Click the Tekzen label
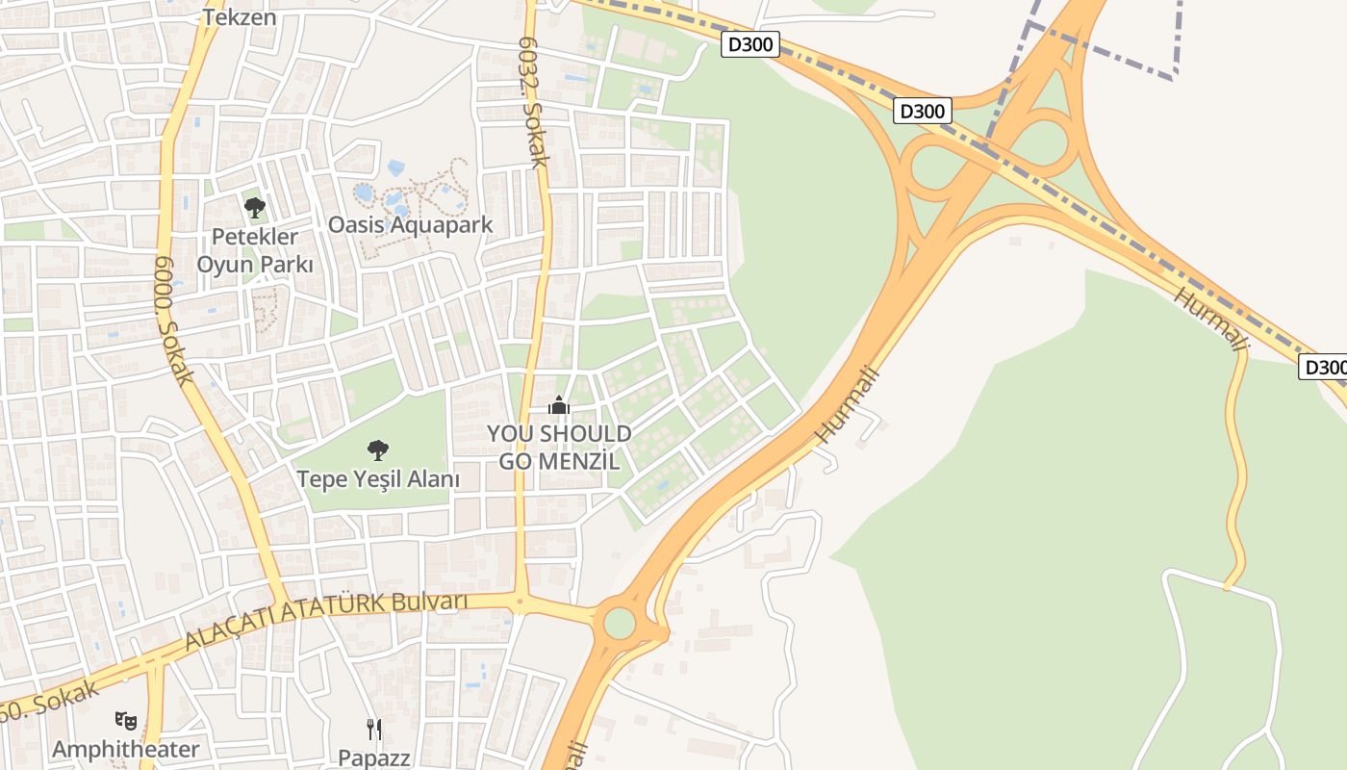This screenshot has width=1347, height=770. [240, 16]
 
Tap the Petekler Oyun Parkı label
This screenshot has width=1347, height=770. [255, 249]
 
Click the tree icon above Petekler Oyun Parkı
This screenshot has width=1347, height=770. [255, 207]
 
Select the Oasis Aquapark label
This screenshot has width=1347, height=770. [411, 225]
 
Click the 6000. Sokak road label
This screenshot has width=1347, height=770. [174, 320]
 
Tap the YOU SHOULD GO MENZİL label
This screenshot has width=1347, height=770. [559, 447]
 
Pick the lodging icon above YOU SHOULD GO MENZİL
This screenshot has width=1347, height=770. [559, 407]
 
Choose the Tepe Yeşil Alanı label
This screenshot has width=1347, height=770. [378, 478]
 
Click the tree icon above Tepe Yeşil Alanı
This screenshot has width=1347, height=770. [378, 449]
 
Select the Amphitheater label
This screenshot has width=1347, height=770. [126, 749]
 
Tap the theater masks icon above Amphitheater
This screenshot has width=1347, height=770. [126, 720]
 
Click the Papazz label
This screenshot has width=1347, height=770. [374, 757]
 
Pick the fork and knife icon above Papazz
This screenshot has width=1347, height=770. [374, 729]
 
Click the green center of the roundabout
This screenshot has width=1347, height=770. [620, 623]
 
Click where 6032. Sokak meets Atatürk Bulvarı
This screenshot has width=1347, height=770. [521, 603]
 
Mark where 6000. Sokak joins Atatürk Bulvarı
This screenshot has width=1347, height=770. [282, 599]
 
